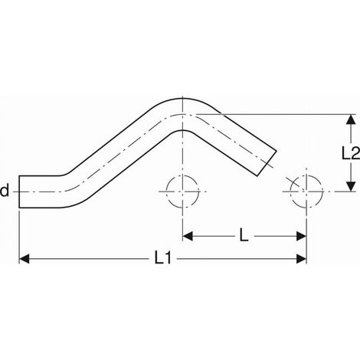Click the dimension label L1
[x=162, y=259]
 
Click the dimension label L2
[x=351, y=153]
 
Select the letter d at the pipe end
[x=5, y=191]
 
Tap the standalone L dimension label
[x=244, y=236]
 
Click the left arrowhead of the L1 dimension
[x=25, y=259]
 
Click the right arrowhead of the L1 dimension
[x=301, y=259]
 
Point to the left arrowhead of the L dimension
[x=188, y=236]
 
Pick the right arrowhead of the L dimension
[x=301, y=236]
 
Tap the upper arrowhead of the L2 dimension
[x=352, y=119]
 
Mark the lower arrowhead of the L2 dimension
[x=352, y=186]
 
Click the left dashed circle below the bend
[x=166, y=191]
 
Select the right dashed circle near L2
[x=322, y=191]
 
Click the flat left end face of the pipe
[x=19, y=191]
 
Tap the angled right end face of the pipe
[x=267, y=163]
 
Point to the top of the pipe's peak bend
[x=182, y=98]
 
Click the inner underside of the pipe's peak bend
[x=182, y=130]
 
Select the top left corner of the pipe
[x=19, y=175]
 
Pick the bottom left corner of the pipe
[x=19, y=208]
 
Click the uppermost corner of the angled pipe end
[x=277, y=151]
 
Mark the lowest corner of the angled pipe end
[x=257, y=176]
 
